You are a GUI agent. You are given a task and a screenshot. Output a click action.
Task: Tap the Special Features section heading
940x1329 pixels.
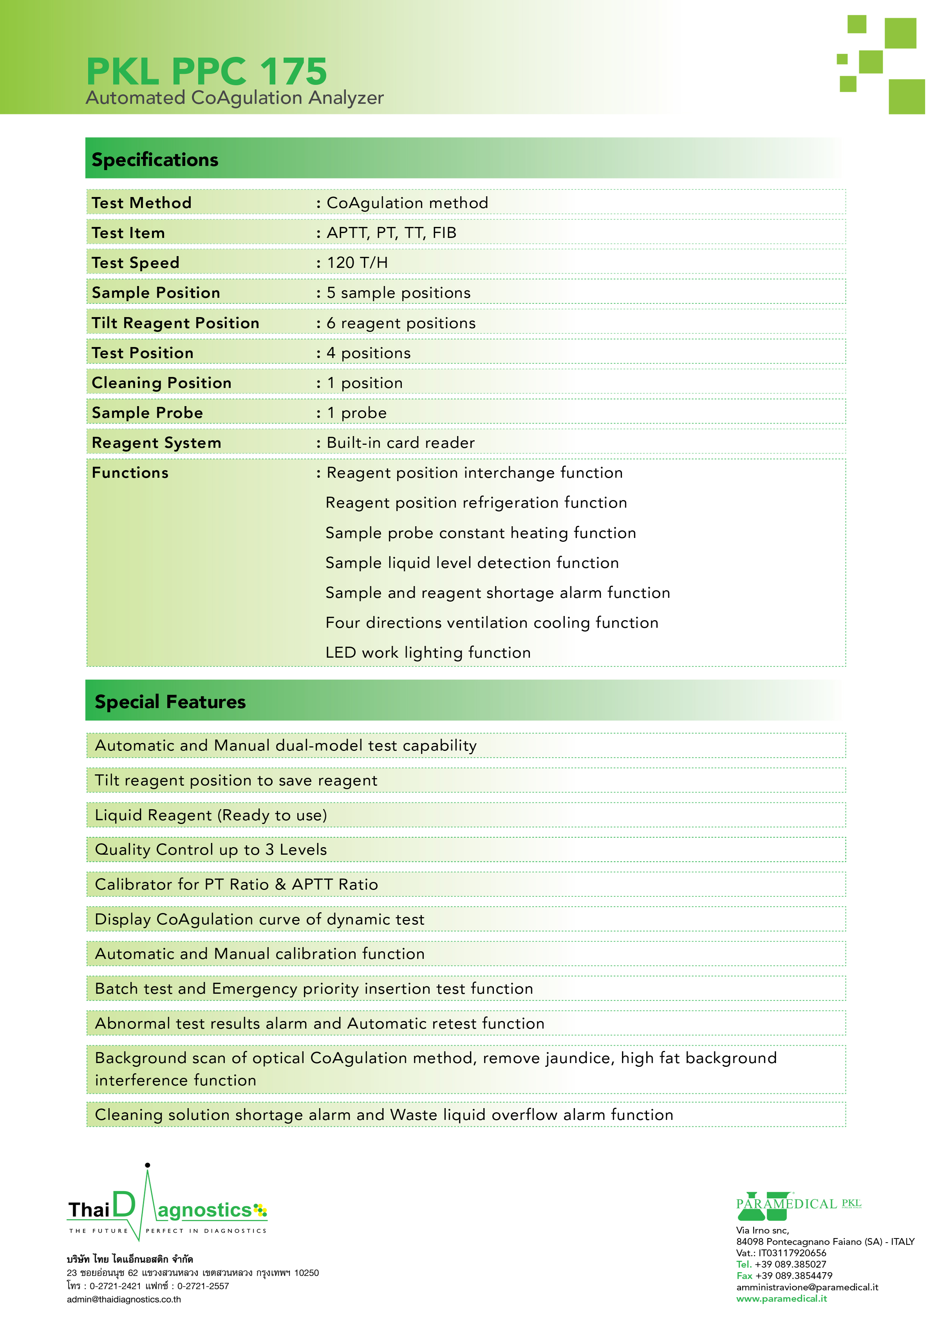pos(170,702)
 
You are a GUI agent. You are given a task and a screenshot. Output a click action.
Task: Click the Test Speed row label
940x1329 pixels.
pos(136,263)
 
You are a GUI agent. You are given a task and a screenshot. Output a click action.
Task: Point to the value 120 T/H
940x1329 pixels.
pos(357,263)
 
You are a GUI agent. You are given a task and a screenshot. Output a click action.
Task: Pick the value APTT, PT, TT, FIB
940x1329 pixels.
pos(392,233)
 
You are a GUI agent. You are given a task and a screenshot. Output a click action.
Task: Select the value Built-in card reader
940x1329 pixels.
pos(400,443)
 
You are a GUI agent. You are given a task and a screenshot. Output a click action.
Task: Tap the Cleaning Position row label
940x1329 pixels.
pos(161,383)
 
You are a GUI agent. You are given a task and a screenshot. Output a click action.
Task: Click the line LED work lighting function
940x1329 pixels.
pos(428,652)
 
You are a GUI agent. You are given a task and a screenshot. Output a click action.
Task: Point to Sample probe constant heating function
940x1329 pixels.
pos(480,533)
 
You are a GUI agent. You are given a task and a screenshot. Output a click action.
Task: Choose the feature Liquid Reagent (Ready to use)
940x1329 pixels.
pos(211,815)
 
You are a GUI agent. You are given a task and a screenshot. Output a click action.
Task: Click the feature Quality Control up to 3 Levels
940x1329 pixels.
pos(211,849)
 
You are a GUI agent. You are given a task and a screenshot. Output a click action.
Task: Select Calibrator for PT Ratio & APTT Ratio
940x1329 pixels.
pos(236,884)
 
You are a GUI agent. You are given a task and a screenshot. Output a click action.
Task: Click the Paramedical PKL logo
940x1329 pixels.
pos(798,1204)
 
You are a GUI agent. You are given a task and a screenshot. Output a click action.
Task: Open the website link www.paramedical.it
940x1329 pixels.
pos(781,1298)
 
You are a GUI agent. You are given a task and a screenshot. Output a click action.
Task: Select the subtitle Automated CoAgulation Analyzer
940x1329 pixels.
pos(235,98)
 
